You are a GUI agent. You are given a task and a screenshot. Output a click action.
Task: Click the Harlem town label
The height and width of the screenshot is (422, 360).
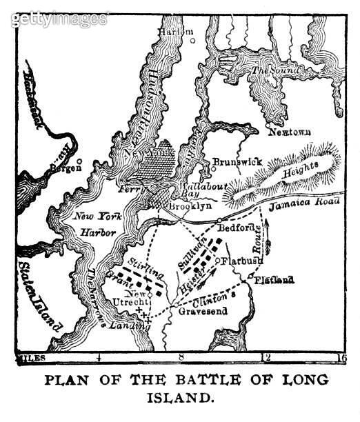(174, 32)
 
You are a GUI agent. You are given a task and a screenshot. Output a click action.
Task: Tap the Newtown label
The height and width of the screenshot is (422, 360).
(290, 131)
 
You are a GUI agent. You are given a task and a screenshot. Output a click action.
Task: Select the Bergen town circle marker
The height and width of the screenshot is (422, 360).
(80, 161)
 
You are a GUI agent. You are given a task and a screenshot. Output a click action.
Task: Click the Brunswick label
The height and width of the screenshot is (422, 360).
(237, 161)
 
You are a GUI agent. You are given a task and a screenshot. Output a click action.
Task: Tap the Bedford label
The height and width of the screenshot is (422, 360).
(237, 227)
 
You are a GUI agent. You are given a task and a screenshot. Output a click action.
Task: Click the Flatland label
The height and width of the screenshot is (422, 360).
(274, 280)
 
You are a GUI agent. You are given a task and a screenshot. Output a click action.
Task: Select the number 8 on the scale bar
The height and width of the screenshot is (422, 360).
(181, 357)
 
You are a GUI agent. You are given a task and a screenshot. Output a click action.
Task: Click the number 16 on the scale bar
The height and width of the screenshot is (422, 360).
(339, 357)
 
